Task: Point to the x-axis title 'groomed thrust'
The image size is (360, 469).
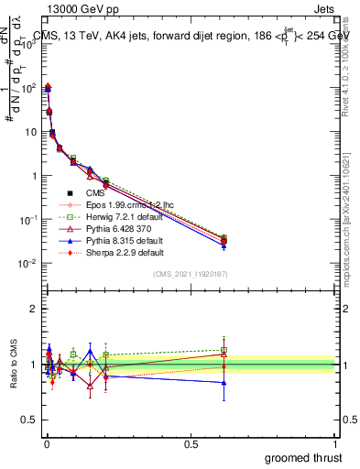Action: [x=305, y=457]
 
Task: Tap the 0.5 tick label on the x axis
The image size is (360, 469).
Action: [x=191, y=444]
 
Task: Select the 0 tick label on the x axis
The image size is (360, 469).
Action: [x=47, y=444]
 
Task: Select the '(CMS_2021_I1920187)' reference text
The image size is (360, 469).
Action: [x=190, y=274]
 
